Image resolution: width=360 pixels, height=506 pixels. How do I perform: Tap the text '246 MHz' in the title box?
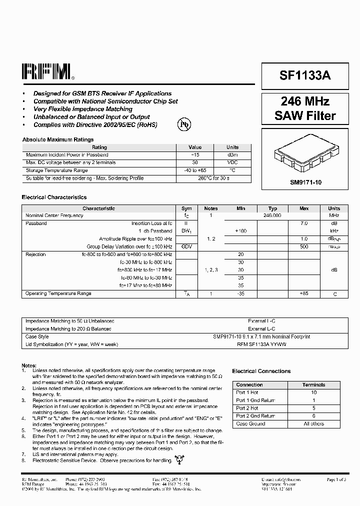pos(305,101)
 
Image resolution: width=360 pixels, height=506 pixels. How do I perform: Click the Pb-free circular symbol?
pos(184,123)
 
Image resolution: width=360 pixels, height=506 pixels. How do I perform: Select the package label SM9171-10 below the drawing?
pos(305,183)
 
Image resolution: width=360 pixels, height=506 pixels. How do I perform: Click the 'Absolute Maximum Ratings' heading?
pos(57,139)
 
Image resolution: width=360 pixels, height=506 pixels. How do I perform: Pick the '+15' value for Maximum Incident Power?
pos(194,155)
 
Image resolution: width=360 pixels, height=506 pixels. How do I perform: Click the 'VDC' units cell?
pos(232,162)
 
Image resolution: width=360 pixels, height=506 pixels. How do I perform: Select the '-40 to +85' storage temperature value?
pos(194,170)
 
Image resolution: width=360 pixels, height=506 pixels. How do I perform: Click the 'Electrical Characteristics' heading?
pos(54,197)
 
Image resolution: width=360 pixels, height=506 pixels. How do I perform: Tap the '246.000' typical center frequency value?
pos(272,215)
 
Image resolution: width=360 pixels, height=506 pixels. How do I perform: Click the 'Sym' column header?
pos(186,208)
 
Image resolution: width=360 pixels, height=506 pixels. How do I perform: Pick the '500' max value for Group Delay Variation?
pos(304,246)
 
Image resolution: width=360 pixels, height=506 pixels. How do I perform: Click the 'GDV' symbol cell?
pos(186,246)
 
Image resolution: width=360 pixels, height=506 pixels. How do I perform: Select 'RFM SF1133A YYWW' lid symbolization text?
pos(272,344)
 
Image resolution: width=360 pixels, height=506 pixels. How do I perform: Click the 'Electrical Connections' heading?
pos(261,371)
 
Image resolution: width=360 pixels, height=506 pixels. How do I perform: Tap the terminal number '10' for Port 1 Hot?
pos(314,392)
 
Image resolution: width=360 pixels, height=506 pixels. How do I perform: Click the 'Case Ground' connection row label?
pos(250,423)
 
